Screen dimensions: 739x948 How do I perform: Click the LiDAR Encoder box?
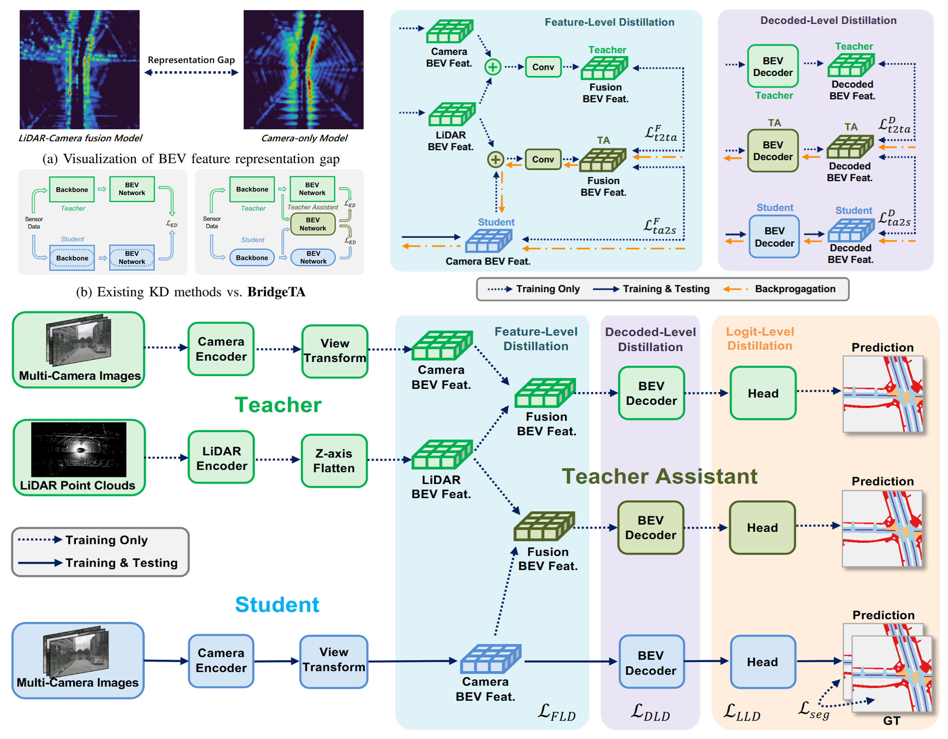pyautogui.click(x=222, y=458)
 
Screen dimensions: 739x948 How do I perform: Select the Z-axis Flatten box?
pyautogui.click(x=334, y=461)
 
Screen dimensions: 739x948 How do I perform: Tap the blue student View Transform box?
pyautogui.click(x=333, y=660)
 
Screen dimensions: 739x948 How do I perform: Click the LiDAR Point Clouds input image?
pyautogui.click(x=79, y=449)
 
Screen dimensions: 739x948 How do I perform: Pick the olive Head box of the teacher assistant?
pyautogui.click(x=762, y=528)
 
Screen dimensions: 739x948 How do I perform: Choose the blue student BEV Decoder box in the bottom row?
pyautogui.click(x=651, y=662)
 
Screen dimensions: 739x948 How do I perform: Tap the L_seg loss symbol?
pyautogui.click(x=813, y=710)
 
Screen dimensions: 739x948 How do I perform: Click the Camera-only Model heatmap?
pyautogui.click(x=304, y=69)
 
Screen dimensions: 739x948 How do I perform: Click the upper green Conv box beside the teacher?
pyautogui.click(x=543, y=67)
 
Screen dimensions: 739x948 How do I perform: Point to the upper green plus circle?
pyautogui.click(x=493, y=67)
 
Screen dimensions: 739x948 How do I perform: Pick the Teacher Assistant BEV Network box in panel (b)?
pyautogui.click(x=312, y=224)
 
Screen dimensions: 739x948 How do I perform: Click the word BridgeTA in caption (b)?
pyautogui.click(x=277, y=292)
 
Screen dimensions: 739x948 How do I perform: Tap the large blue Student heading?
pyautogui.click(x=277, y=605)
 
